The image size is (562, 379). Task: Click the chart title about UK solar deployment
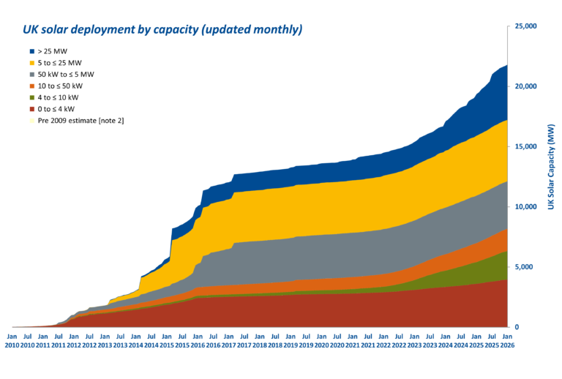pos(162,30)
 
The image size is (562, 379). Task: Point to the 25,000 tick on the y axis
pos(526,26)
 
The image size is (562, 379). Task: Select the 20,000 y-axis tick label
pos(526,86)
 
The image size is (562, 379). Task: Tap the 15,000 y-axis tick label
pos(526,146)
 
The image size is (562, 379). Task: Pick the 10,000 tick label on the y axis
pos(526,206)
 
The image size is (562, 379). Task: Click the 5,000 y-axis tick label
pos(528,267)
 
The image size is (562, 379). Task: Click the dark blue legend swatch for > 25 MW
pos(31,51)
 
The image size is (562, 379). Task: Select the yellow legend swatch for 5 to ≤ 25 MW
pos(31,63)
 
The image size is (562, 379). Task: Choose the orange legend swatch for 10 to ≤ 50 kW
pos(31,86)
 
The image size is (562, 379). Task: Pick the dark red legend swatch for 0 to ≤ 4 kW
pos(31,108)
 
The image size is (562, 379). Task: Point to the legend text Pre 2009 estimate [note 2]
pos(80,119)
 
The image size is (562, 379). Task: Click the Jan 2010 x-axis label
pos(12,340)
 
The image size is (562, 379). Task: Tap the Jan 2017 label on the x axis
pos(229,340)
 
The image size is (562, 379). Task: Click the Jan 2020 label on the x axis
pos(322,340)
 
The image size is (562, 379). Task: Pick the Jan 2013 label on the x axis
pos(105,340)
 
